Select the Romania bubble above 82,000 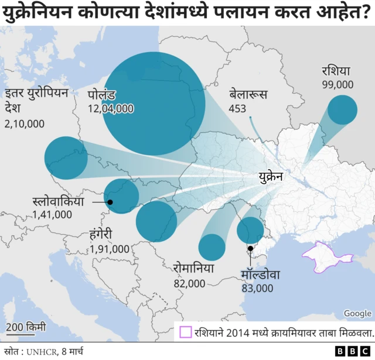pos(212,247)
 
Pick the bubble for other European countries pos(66,158)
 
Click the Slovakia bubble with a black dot pos(121,196)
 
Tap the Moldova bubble pos(250,230)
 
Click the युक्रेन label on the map pos(271,176)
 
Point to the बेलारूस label pos(248,94)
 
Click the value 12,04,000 pos(111,109)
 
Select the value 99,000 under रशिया pos(337,84)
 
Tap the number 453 pos(237,108)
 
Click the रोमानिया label pos(193,269)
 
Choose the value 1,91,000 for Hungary pos(110,249)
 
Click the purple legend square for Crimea pos(185,332)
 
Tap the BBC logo pos(352,350)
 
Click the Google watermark pos(357,314)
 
